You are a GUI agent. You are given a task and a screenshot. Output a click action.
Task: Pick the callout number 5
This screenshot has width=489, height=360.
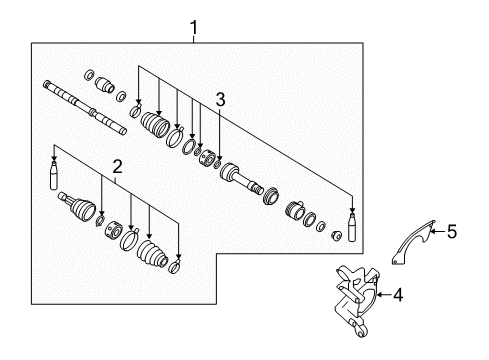pyautogui.click(x=451, y=232)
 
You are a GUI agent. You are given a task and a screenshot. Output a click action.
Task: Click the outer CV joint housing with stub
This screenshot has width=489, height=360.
pyautogui.click(x=79, y=211)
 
